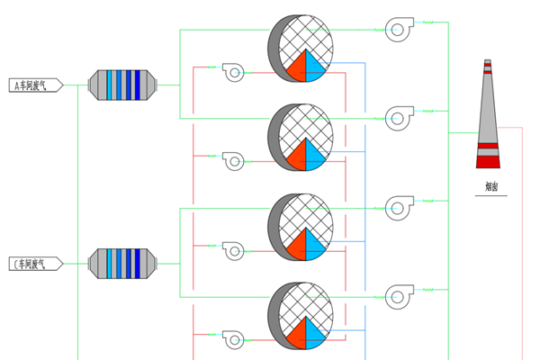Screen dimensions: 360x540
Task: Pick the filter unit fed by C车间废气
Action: [x=123, y=263]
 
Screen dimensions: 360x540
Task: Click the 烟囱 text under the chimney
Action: [x=491, y=188]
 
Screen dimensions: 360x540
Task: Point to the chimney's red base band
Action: [x=487, y=161]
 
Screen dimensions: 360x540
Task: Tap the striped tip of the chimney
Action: [x=487, y=67]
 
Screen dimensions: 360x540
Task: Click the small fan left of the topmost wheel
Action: [x=233, y=71]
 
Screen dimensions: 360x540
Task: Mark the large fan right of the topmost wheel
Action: [x=398, y=31]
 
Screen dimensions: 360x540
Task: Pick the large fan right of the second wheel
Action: [x=398, y=118]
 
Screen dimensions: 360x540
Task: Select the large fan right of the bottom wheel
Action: [x=398, y=297]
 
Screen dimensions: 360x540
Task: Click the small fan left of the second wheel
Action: [x=233, y=160]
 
